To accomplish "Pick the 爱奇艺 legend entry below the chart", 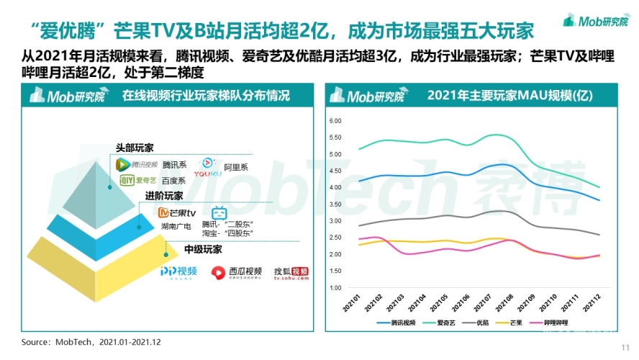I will click(x=447, y=322).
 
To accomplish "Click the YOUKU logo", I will click(x=212, y=167).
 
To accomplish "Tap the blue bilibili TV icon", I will click(x=219, y=214).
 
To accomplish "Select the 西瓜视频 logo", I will click(x=236, y=272).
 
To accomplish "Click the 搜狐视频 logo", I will click(x=291, y=272).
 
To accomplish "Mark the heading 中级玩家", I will click(x=201, y=249).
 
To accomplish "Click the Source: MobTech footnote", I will click(x=91, y=341).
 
